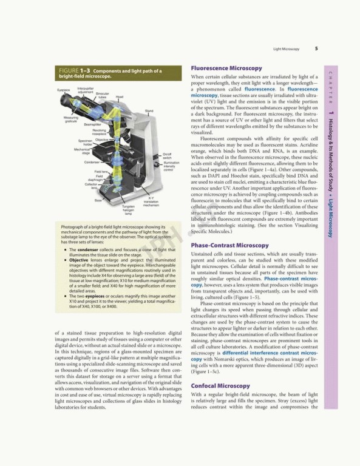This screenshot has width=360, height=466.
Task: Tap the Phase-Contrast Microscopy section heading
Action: pyautogui.click(x=230, y=245)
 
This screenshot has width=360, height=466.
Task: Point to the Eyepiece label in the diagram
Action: pyautogui.click(x=64, y=90)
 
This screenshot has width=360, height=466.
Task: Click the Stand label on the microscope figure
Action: pyautogui.click(x=149, y=111)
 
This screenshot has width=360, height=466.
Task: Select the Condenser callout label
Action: pyautogui.click(x=92, y=163)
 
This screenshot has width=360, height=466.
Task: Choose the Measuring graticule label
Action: pyautogui.click(x=70, y=119)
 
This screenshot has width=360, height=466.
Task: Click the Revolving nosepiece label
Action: pyautogui.click(x=100, y=132)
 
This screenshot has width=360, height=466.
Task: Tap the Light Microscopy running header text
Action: pyautogui.click(x=286, y=49)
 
